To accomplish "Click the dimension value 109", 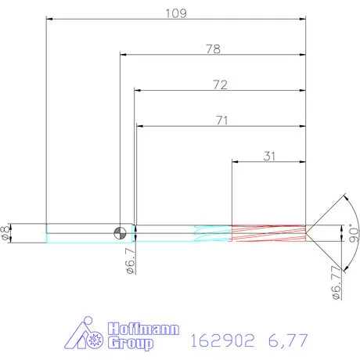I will click(175, 13).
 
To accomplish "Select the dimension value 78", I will click(212, 49).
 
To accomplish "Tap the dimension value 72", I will click(219, 85).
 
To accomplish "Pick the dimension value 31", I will click(269, 156).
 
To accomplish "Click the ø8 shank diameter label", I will click(7, 232).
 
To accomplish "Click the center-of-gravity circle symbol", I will click(120, 232).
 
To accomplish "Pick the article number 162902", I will click(223, 340).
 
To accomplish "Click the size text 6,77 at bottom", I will click(286, 340).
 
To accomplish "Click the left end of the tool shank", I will click(47, 232).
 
